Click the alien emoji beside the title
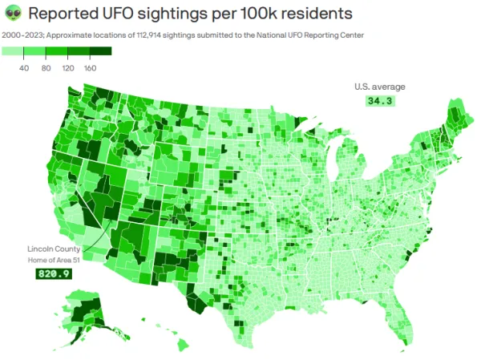[x=14, y=14]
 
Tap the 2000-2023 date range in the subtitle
[x=22, y=35]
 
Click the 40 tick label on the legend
[x=24, y=69]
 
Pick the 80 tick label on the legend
[x=46, y=69]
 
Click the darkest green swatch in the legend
[x=100, y=52]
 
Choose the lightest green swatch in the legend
[x=13, y=52]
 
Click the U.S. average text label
[x=379, y=87]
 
